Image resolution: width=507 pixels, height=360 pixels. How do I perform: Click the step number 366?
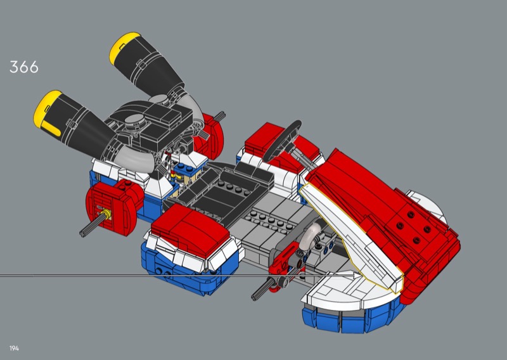(x=24, y=67)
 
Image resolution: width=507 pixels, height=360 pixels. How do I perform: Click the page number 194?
(x=14, y=349)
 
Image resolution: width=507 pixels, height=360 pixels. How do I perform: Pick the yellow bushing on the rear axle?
(x=105, y=214)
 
